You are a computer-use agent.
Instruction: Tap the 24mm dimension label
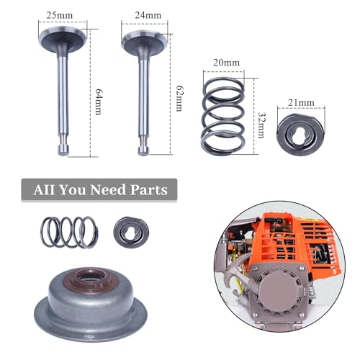(145, 14)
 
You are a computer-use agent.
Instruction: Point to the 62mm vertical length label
(178, 92)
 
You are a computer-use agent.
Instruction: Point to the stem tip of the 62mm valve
(145, 148)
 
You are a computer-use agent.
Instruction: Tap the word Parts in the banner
(143, 190)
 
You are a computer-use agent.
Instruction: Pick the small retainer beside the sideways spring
(130, 233)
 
